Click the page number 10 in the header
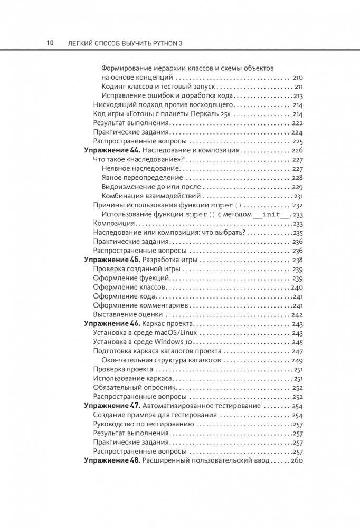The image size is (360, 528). tap(50, 43)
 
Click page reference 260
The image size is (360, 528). tap(296, 460)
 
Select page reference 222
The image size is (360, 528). tap(297, 122)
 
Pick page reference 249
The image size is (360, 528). tap(297, 360)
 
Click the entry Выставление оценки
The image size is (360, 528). tap(124, 314)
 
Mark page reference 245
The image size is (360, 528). tap(297, 342)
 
